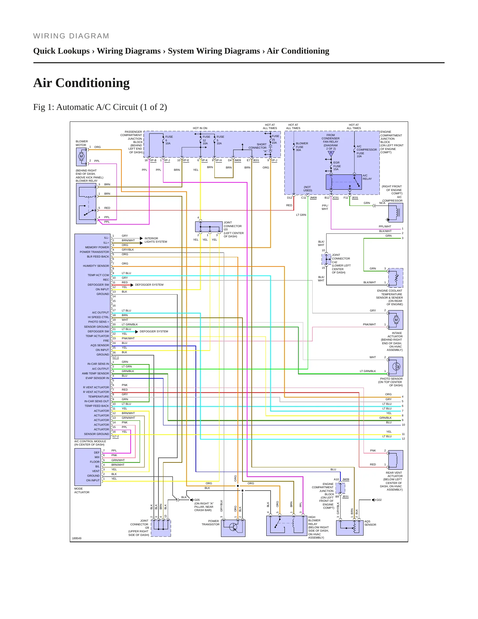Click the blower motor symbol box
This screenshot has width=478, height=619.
(x=81, y=157)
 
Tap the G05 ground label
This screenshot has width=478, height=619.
(x=197, y=500)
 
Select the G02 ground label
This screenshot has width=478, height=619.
(x=379, y=500)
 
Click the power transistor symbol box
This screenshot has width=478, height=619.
(x=233, y=528)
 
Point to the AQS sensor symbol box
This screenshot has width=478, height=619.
(x=350, y=528)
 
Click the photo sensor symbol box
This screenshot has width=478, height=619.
(x=396, y=366)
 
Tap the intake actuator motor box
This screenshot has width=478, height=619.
(x=396, y=320)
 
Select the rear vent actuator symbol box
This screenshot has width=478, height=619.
(x=396, y=460)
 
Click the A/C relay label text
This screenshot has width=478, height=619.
(x=367, y=177)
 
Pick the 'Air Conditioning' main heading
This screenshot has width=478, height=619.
(x=81, y=83)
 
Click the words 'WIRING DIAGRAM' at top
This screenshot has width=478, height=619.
(x=71, y=36)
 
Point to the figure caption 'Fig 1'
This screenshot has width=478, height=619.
(x=100, y=107)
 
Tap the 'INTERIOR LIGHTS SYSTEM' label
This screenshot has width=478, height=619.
(x=156, y=240)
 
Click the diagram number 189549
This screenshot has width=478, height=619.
(x=77, y=538)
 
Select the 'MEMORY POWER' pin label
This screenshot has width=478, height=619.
(x=97, y=247)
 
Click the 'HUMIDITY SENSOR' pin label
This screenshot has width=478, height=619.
(x=96, y=266)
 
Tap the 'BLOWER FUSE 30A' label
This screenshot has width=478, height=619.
(x=302, y=147)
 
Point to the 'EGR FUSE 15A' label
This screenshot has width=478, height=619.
(x=337, y=166)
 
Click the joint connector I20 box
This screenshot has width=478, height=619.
(x=209, y=227)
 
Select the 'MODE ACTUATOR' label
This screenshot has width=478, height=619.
(x=82, y=491)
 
